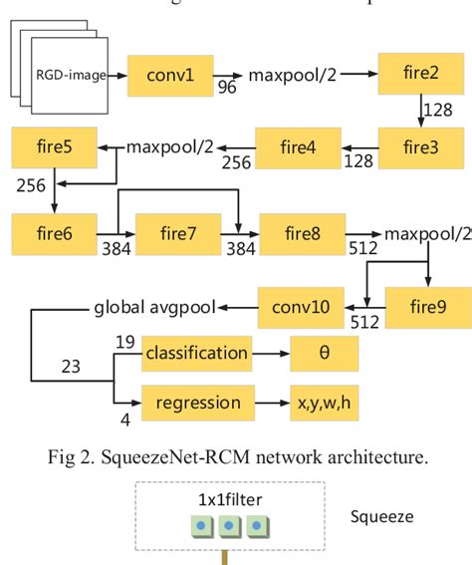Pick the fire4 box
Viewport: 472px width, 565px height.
coord(298,147)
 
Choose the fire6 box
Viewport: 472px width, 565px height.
coord(55,235)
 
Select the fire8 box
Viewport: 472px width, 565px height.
coord(301,235)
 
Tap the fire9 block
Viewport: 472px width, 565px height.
coord(425,306)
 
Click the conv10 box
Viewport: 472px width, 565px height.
coord(300,306)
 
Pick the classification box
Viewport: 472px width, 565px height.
coord(196,353)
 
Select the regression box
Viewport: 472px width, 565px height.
coord(196,403)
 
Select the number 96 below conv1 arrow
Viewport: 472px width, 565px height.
coord(227,89)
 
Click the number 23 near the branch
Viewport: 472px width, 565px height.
coord(72,366)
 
